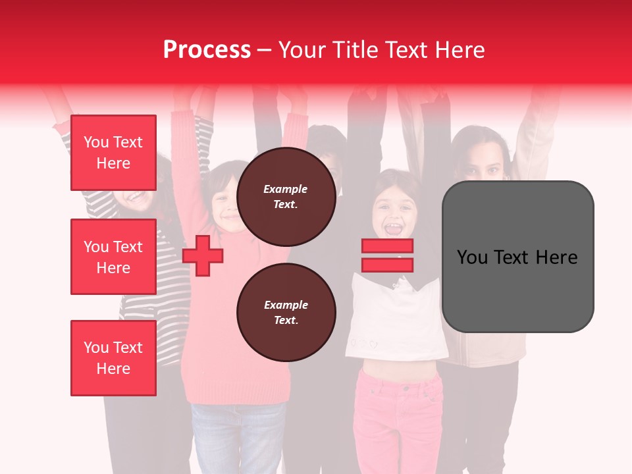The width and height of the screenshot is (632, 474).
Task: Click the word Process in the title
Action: tap(207, 49)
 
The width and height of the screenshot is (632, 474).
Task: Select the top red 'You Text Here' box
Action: tap(113, 153)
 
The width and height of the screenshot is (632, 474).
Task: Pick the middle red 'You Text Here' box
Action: tap(113, 257)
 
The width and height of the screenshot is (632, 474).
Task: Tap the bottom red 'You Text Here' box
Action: tap(113, 358)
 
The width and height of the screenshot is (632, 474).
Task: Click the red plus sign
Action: tap(203, 256)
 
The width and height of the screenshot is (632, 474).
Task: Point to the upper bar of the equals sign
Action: tap(387, 246)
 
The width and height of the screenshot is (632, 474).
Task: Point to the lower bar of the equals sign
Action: tap(387, 265)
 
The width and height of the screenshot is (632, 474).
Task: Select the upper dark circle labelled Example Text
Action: tap(286, 197)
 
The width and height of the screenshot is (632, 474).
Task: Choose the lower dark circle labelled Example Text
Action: tap(286, 313)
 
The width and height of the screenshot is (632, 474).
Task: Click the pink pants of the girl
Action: tap(395, 415)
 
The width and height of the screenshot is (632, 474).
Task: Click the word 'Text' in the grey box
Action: tap(517, 257)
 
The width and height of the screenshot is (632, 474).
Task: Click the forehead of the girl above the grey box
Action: tap(484, 151)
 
